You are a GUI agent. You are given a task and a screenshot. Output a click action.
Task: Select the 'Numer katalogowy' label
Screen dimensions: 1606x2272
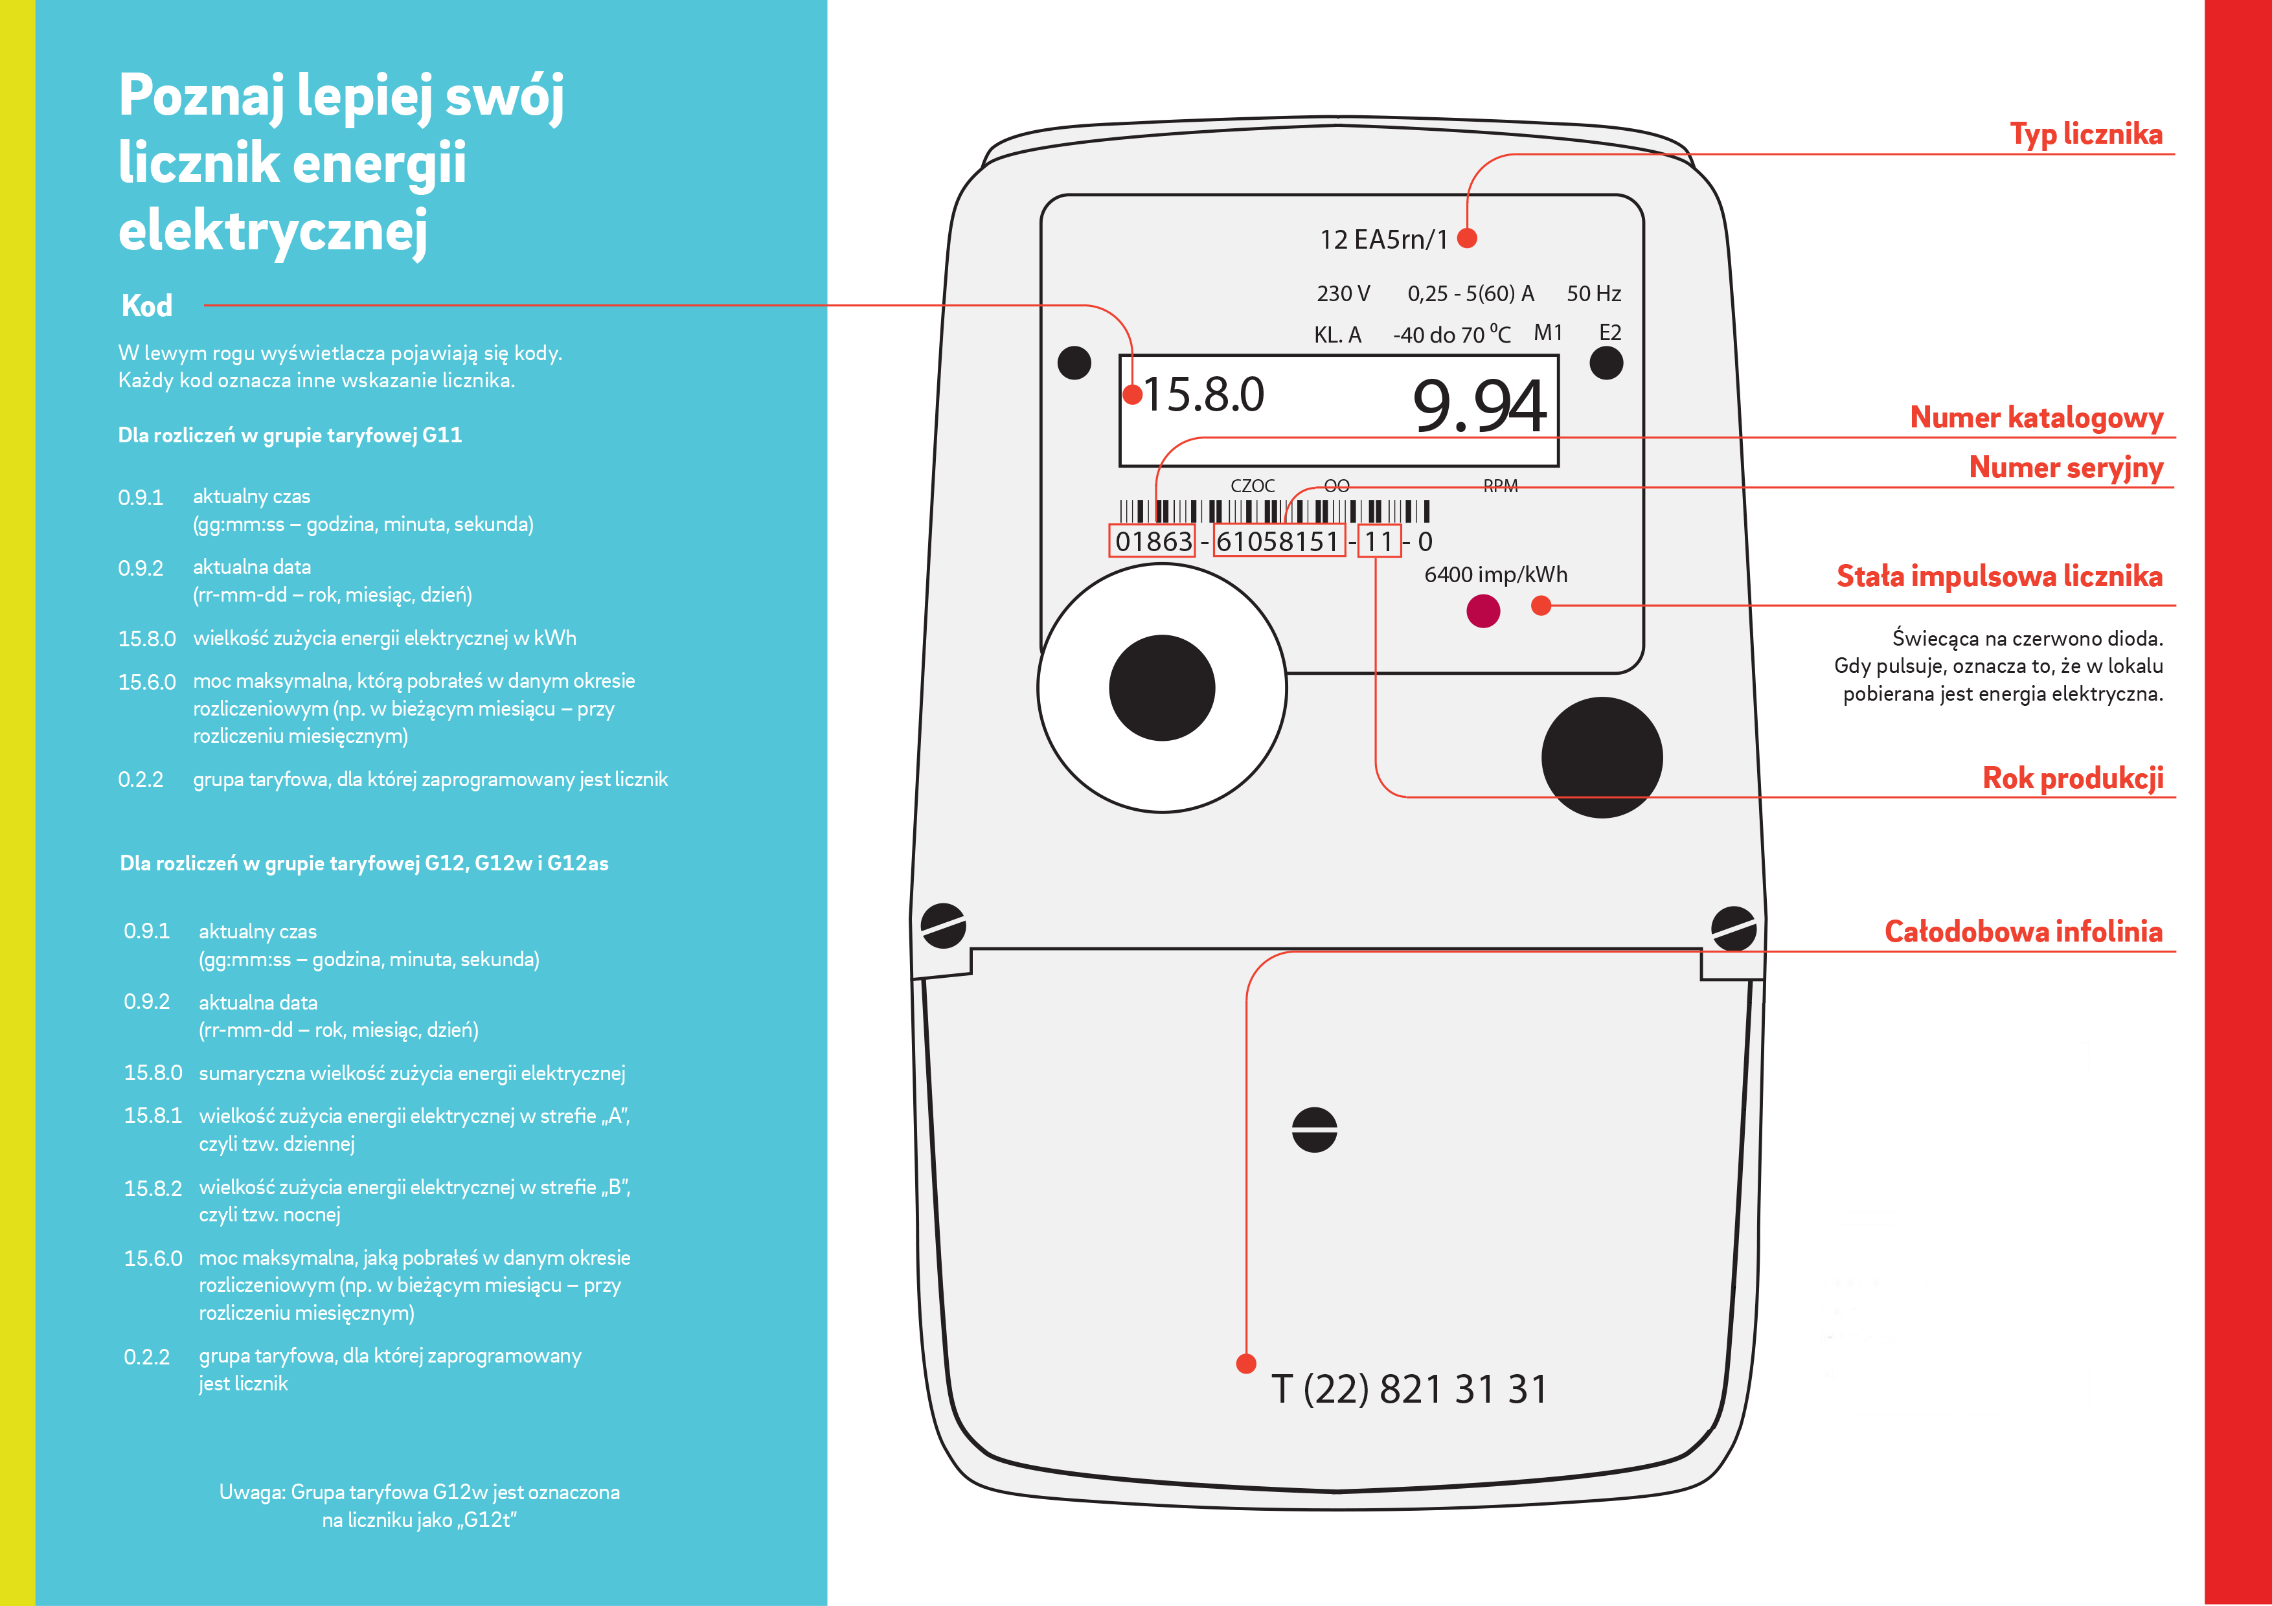pyautogui.click(x=2036, y=418)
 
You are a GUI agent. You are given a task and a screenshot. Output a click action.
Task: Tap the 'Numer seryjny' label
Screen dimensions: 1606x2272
pyautogui.click(x=2065, y=467)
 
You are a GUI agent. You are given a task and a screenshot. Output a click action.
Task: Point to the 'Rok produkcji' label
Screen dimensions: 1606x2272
pyautogui.click(x=2072, y=778)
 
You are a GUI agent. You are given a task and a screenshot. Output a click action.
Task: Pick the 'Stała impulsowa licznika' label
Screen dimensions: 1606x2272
pyautogui.click(x=1999, y=576)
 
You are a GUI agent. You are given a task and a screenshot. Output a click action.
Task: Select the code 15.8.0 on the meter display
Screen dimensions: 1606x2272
pyautogui.click(x=1203, y=395)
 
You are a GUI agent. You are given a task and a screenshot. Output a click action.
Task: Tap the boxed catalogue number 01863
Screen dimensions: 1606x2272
pyautogui.click(x=1153, y=542)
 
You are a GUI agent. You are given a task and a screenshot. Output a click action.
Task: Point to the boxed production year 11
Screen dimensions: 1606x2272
pyautogui.click(x=1378, y=542)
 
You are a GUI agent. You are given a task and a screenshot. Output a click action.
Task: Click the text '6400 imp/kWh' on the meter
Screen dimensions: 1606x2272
pyautogui.click(x=1495, y=575)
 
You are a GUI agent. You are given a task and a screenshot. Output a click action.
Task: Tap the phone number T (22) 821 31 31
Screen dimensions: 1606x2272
pyautogui.click(x=1409, y=1389)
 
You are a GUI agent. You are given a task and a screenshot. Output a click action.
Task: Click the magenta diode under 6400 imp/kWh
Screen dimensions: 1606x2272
pyautogui.click(x=1482, y=611)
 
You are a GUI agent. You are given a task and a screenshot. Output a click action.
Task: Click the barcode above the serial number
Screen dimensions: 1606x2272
pyautogui.click(x=1273, y=510)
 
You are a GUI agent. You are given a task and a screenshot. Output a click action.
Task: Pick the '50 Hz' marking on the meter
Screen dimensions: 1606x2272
pyautogui.click(x=1593, y=294)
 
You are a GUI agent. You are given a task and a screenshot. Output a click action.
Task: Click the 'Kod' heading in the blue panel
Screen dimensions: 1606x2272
pyautogui.click(x=146, y=306)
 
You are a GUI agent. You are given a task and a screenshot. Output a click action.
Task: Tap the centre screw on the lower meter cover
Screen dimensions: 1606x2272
pyautogui.click(x=1314, y=1129)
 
